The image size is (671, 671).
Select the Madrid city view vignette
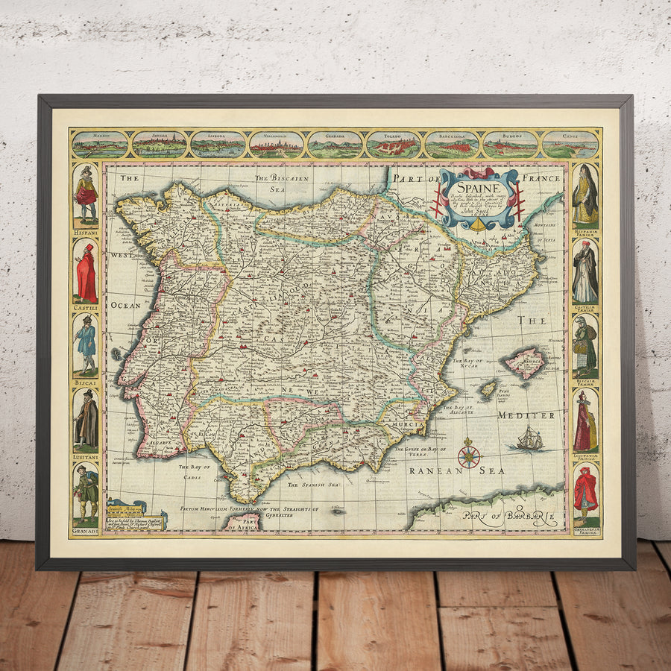point(100,145)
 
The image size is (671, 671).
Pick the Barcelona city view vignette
point(452,145)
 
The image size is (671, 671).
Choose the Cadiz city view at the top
point(570,145)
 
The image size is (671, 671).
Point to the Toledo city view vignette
point(394,145)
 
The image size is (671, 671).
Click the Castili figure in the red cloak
point(86,273)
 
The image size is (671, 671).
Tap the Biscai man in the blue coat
point(86,344)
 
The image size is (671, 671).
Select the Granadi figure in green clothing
point(86,494)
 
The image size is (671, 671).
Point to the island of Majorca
point(526,363)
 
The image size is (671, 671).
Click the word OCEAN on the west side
point(125,305)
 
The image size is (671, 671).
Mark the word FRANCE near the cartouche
point(541,178)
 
